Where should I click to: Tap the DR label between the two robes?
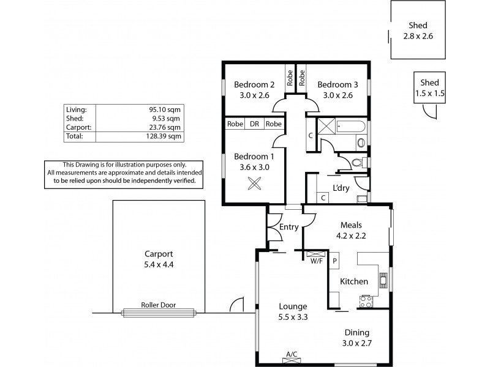click(254, 124)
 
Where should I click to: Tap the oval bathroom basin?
click(361, 144)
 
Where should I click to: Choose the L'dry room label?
click(341, 188)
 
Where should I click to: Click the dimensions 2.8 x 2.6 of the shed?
click(418, 36)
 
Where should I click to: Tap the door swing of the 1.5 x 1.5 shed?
click(432, 112)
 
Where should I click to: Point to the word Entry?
click(288, 227)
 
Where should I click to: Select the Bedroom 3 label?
click(337, 84)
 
